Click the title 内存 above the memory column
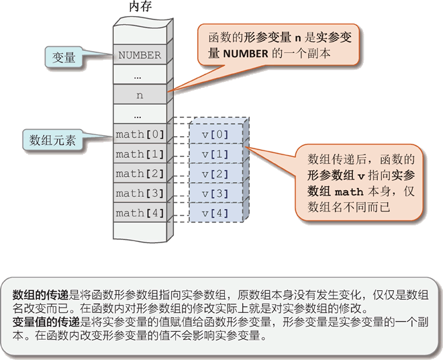coord(140,9)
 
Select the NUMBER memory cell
coord(139,55)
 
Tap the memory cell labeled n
coord(139,95)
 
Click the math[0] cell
coord(139,134)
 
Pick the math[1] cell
coord(139,154)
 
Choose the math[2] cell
coord(139,173)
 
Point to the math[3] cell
coord(139,193)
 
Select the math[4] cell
coord(139,213)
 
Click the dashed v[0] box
coord(215,135)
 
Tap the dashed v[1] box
coord(215,154)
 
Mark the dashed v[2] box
coord(215,174)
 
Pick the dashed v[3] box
coord(215,194)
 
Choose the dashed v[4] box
coord(215,214)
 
